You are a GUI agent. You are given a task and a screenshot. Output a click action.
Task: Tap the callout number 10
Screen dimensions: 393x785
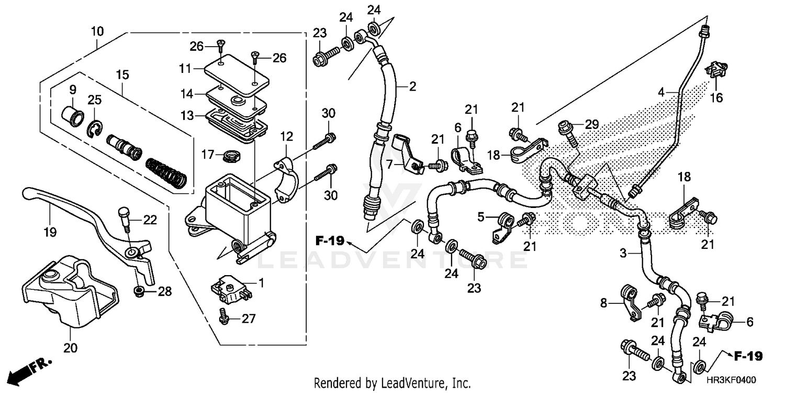(x=97, y=31)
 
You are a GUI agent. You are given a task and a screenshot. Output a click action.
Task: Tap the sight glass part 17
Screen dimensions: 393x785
(x=231, y=155)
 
